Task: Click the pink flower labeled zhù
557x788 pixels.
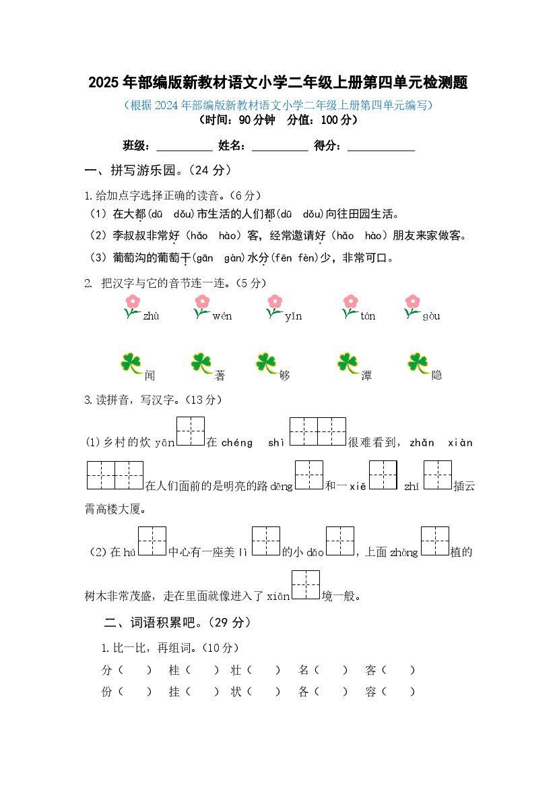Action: click(133, 301)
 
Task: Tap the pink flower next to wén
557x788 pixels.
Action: click(201, 301)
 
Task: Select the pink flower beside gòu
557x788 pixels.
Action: click(412, 301)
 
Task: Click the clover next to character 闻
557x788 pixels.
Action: click(131, 363)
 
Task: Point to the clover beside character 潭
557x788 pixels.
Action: click(348, 363)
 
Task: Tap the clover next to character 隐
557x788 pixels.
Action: click(418, 363)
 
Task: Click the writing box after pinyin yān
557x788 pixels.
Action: click(190, 431)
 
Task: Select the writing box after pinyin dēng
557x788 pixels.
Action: click(309, 475)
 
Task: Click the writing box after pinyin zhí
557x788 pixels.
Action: click(437, 475)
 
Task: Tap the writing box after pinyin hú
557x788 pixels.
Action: click(152, 541)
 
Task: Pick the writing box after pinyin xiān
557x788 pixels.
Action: click(306, 585)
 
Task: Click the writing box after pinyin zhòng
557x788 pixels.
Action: click(435, 541)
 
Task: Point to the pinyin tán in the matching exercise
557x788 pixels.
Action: click(368, 317)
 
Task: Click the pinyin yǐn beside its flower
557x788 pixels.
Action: click(293, 317)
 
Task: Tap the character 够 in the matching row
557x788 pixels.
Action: click(284, 375)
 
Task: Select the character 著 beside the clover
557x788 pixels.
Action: click(220, 375)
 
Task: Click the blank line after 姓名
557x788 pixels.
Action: click(279, 146)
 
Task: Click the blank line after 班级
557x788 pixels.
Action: click(184, 146)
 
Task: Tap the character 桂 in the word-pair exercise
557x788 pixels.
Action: click(174, 670)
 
